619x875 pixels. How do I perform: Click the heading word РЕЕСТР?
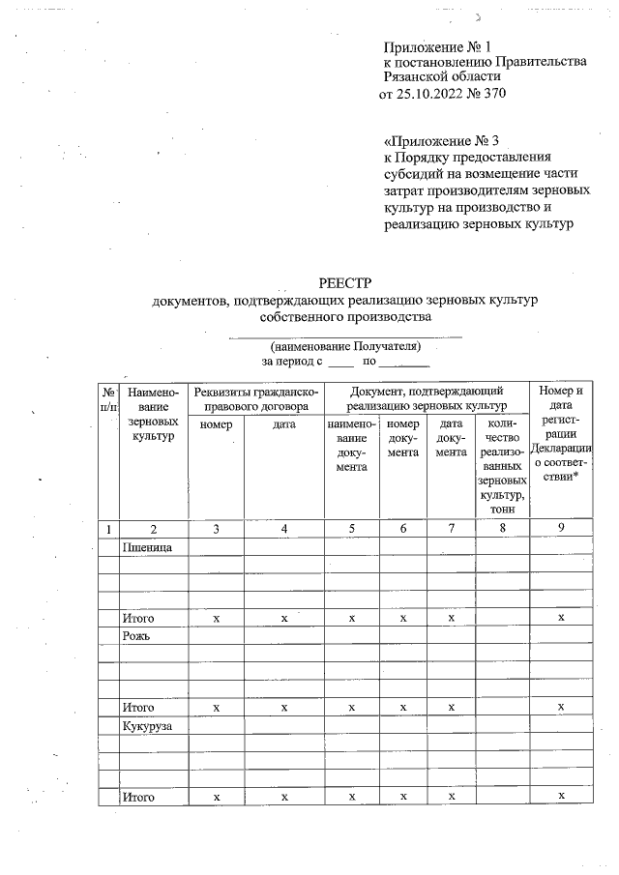pos(344,282)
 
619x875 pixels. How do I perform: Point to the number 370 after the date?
pos(493,95)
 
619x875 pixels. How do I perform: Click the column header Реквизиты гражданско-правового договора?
pos(255,398)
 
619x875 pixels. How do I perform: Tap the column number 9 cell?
pos(561,529)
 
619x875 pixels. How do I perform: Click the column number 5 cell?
pos(351,529)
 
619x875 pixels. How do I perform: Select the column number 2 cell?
pos(154,529)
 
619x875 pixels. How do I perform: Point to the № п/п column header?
pos(108,400)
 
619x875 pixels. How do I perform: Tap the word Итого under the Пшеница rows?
pos(138,618)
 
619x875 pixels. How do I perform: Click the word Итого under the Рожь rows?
pos(138,707)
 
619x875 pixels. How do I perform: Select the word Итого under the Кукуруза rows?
pos(138,796)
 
